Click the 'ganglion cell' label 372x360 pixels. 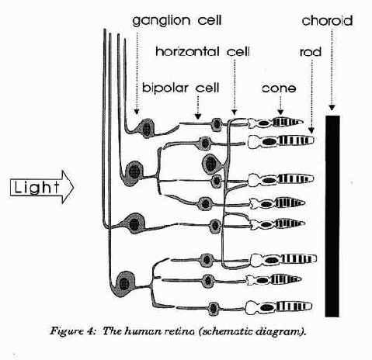click(x=177, y=21)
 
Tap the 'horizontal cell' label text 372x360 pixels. click(x=203, y=51)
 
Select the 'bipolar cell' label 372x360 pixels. click(x=181, y=88)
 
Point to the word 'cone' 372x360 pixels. click(x=279, y=88)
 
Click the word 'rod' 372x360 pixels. click(x=311, y=52)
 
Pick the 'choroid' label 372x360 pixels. click(x=327, y=21)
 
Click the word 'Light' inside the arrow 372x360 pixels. click(x=37, y=187)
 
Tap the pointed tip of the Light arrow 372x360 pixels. click(x=74, y=187)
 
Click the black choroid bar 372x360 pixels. click(x=332, y=216)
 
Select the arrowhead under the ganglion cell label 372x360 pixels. click(x=137, y=112)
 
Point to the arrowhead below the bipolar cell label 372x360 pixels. click(x=198, y=116)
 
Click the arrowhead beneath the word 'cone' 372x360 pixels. click(x=280, y=112)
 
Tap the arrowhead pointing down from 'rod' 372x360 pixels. click(x=311, y=130)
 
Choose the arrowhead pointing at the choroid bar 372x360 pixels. click(x=332, y=107)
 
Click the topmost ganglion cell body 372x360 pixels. click(x=147, y=128)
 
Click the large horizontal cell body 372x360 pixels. click(x=211, y=164)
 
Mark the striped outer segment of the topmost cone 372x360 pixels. click(x=287, y=122)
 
